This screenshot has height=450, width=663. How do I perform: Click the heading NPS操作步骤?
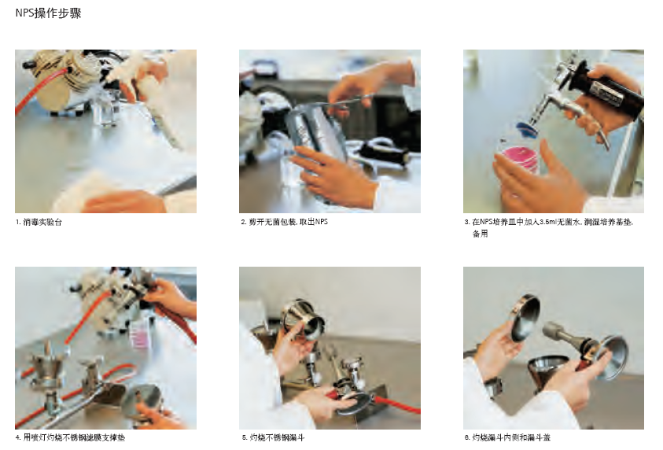coord(48,13)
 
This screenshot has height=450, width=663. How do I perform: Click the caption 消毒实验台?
coord(42,222)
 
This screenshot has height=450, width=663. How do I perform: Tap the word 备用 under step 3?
coord(480,234)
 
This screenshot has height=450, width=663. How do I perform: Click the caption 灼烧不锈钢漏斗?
coord(277,437)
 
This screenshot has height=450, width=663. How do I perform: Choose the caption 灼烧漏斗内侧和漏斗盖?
coord(511,437)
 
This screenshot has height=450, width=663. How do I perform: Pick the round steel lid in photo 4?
coord(143,402)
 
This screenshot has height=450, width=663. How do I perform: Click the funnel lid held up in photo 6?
coord(525,317)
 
